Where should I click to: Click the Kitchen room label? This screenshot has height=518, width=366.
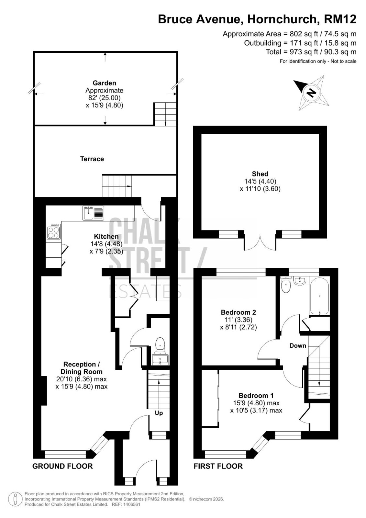[106, 236]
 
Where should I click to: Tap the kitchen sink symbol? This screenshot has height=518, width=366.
[94, 213]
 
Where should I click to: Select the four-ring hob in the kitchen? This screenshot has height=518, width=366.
[54, 231]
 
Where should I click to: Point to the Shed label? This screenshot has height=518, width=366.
[260, 174]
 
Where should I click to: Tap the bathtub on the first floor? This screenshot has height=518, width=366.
[319, 296]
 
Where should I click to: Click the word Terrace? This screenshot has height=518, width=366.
[92, 159]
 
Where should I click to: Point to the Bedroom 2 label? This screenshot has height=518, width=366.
[238, 312]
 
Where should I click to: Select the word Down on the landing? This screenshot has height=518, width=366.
[298, 345]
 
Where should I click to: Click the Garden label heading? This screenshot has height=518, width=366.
[104, 83]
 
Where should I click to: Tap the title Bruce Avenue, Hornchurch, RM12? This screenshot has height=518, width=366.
[257, 19]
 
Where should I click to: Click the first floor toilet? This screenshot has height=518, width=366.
[286, 285]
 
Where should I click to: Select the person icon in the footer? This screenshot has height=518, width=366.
[15, 499]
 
